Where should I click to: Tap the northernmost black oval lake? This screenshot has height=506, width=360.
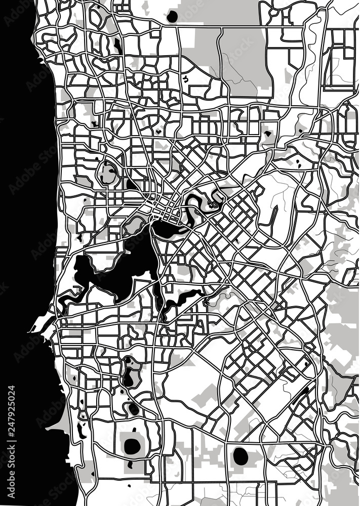click(172, 16)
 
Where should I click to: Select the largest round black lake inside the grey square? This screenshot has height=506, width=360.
click(133, 446)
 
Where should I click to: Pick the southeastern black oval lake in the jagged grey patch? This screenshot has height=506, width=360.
click(241, 456)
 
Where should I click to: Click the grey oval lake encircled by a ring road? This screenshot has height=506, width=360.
click(108, 174)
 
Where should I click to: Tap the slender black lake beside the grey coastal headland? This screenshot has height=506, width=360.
click(80, 430)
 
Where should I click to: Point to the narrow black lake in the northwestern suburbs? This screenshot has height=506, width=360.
click(117, 46)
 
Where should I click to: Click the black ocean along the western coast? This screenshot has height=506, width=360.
click(20, 202)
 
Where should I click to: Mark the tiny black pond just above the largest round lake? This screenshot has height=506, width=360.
click(134, 430)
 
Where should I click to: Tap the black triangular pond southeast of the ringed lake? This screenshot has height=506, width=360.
click(131, 185)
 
